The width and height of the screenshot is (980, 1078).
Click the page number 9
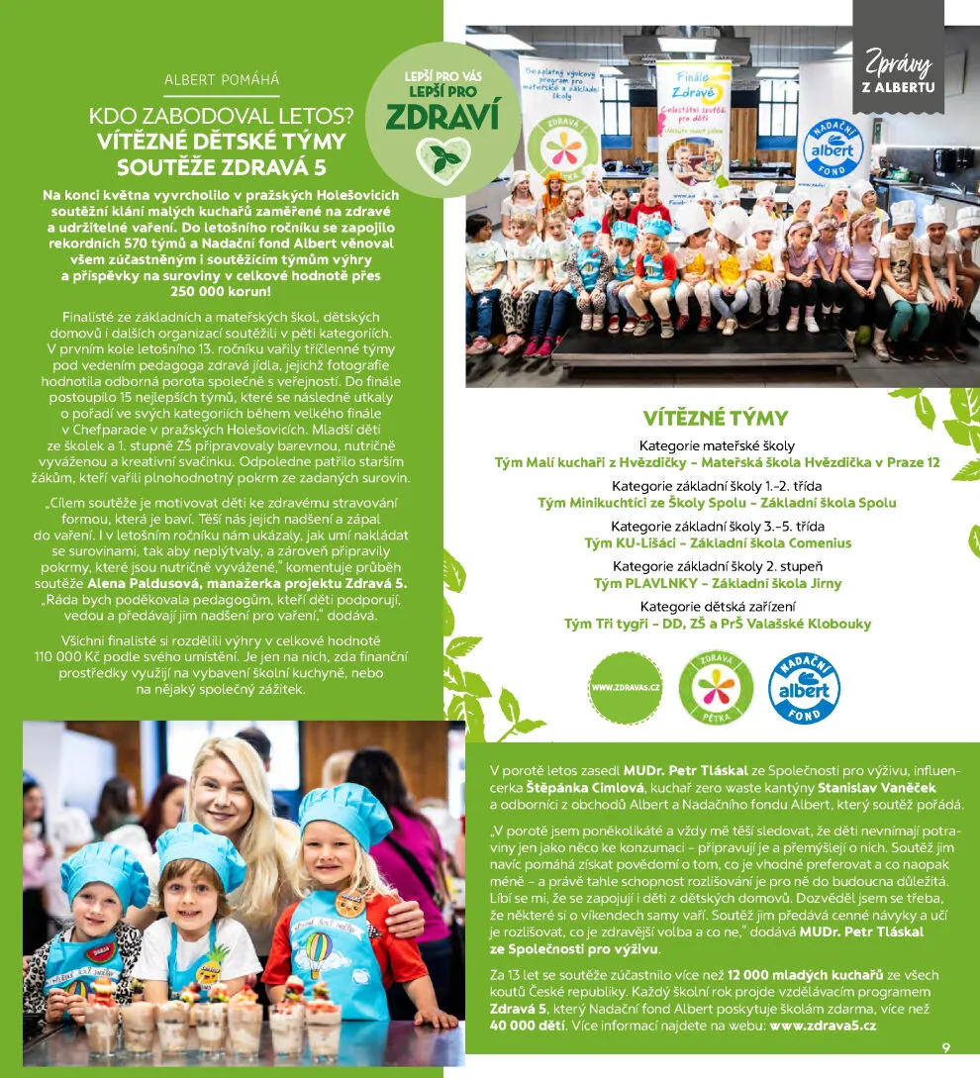point(946,1048)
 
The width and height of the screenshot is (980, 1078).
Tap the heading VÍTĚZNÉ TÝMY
point(715,417)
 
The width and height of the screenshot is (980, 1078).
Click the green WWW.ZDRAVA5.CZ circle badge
point(626,687)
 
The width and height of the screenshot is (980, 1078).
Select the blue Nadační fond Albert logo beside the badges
point(804,687)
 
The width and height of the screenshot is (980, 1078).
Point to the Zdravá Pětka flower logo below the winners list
point(716,687)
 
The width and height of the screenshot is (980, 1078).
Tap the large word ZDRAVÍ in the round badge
point(441,117)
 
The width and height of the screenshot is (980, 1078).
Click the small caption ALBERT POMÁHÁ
point(222,79)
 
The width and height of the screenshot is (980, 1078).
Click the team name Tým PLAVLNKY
point(635,583)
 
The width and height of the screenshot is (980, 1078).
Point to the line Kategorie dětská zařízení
point(717,606)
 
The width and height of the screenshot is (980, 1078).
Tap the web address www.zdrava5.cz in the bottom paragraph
point(823,1026)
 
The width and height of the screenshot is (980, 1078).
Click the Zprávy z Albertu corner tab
point(898,69)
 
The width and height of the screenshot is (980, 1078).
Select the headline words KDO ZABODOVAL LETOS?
point(221,115)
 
